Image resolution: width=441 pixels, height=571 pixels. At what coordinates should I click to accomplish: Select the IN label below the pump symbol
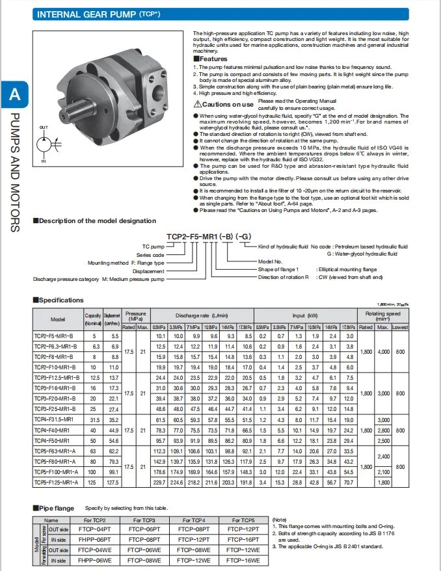point(44,160)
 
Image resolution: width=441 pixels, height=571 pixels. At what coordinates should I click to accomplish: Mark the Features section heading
point(213,59)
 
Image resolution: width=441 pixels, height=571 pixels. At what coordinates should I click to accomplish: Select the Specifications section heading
point(60,300)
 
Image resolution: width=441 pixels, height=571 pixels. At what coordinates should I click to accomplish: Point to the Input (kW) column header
point(304,315)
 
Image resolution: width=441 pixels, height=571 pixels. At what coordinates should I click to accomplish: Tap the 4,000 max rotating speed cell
point(384,351)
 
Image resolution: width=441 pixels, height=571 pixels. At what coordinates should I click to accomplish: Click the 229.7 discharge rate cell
point(159,483)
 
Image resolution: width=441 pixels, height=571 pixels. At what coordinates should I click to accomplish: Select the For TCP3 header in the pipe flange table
point(144,520)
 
